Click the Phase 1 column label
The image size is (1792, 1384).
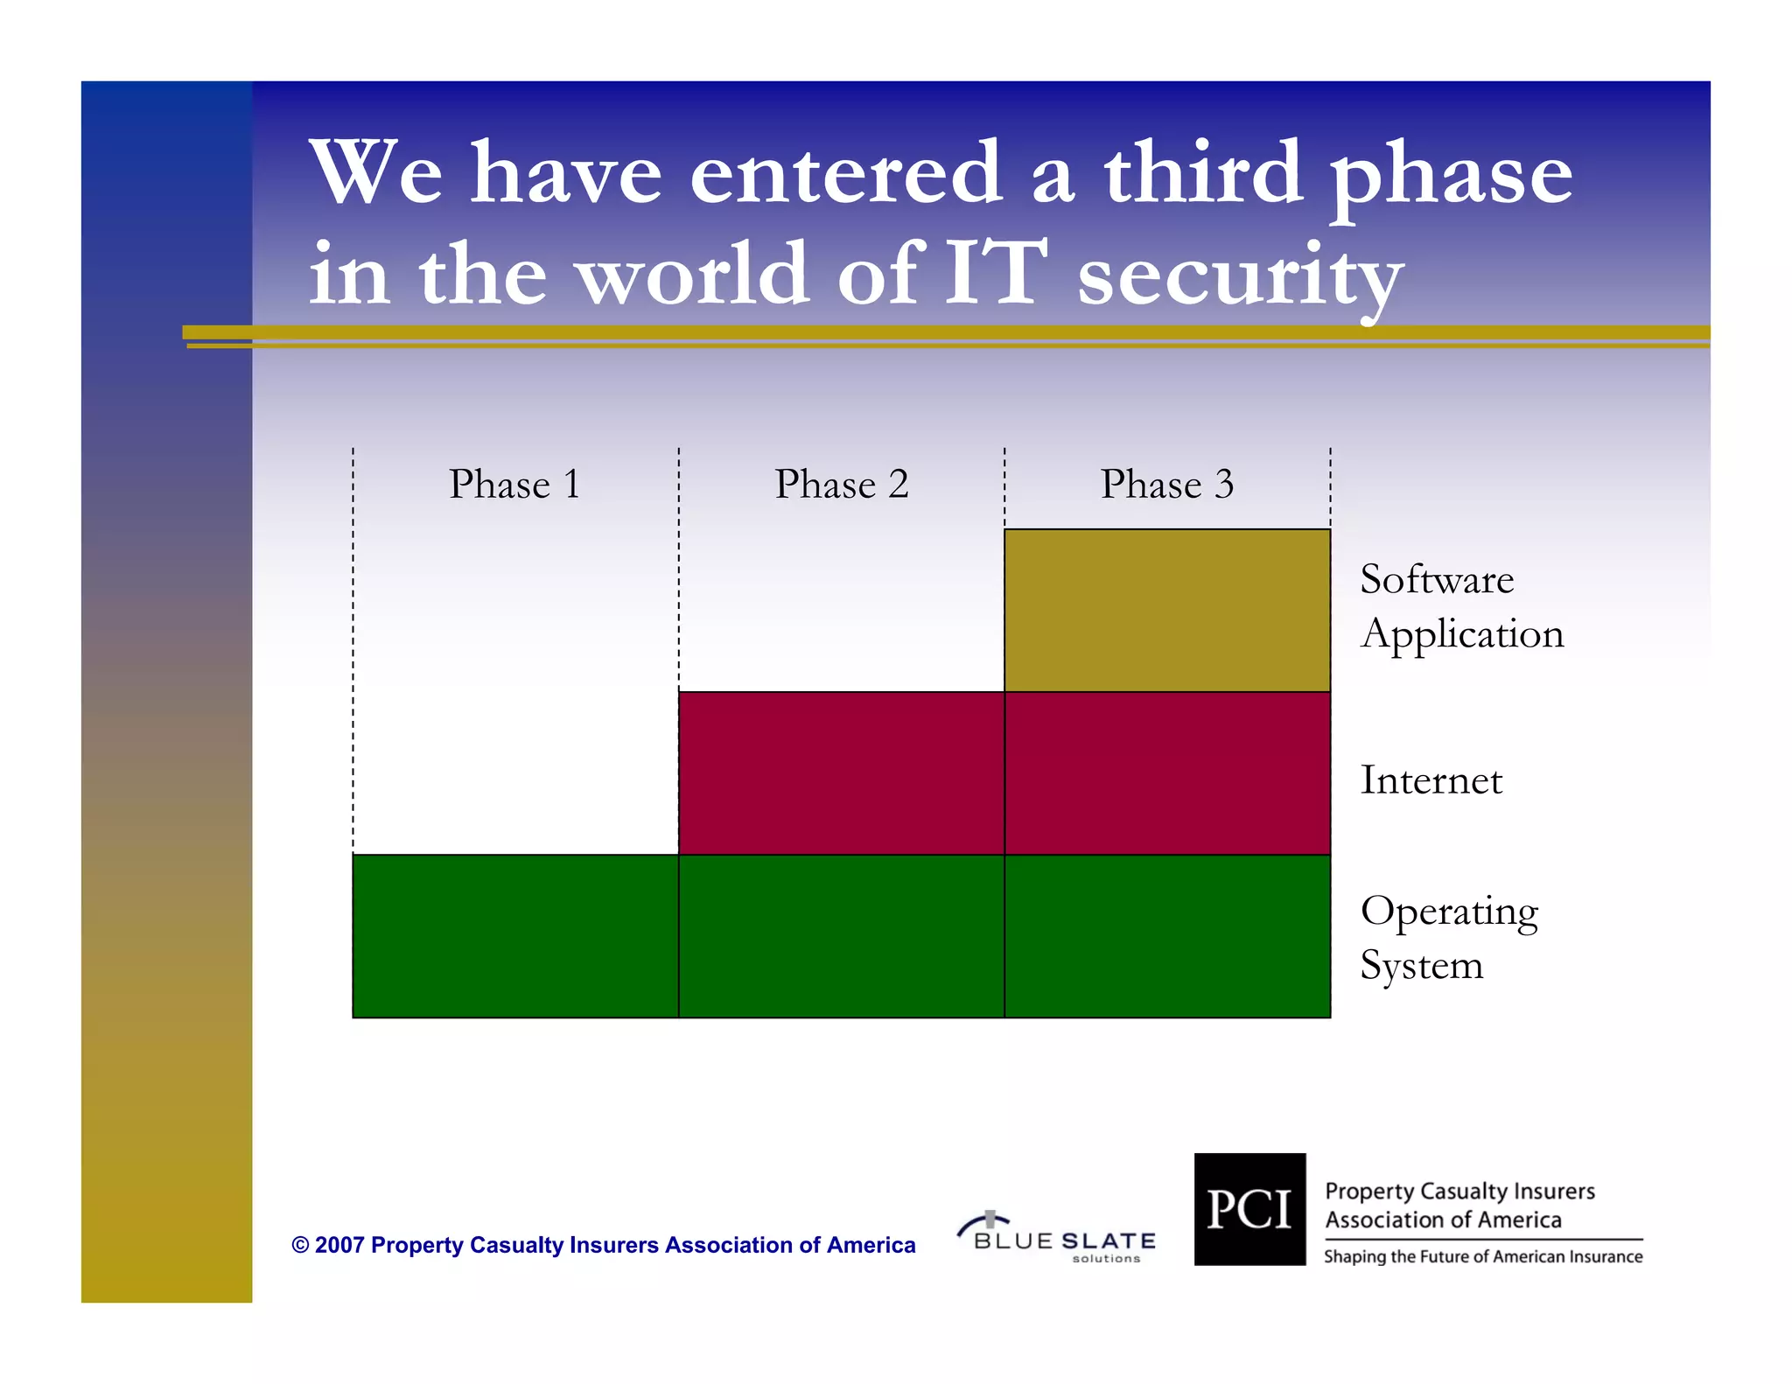point(514,484)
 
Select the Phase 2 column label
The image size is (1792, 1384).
point(841,484)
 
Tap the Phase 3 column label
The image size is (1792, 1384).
point(1166,484)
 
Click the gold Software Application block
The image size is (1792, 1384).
point(1166,610)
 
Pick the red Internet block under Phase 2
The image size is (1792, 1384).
point(841,772)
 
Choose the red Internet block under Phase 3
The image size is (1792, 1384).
point(1166,772)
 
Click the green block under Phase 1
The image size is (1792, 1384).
point(515,935)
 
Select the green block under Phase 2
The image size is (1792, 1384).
point(841,935)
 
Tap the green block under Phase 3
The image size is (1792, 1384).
point(1166,935)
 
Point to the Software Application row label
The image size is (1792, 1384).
point(1461,606)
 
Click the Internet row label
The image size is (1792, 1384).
point(1431,779)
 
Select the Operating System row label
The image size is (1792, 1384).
point(1448,938)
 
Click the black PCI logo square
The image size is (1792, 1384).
point(1249,1209)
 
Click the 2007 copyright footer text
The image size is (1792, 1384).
point(604,1245)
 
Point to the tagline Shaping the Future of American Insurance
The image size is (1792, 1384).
point(1483,1257)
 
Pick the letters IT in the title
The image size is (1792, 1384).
point(995,273)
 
